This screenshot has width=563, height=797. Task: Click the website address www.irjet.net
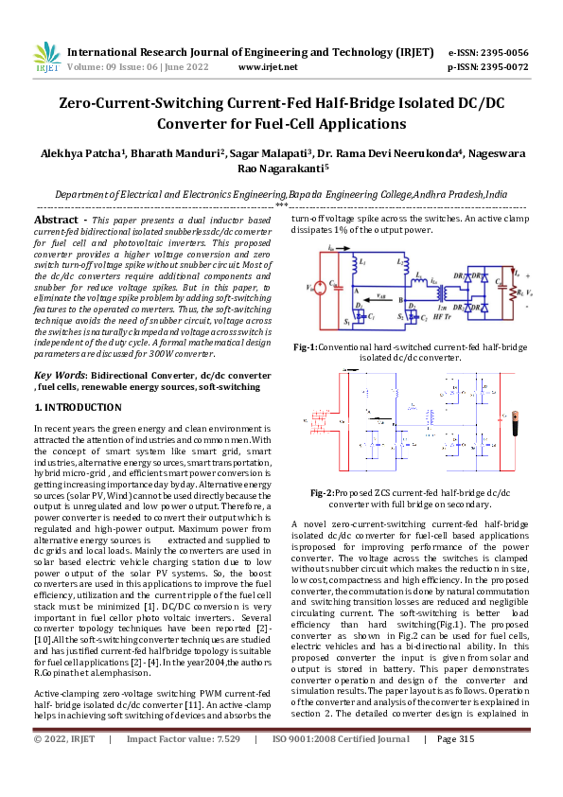click(x=268, y=68)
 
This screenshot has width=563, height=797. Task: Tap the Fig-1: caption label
click(x=305, y=347)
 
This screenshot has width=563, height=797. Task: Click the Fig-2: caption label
click(x=323, y=493)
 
